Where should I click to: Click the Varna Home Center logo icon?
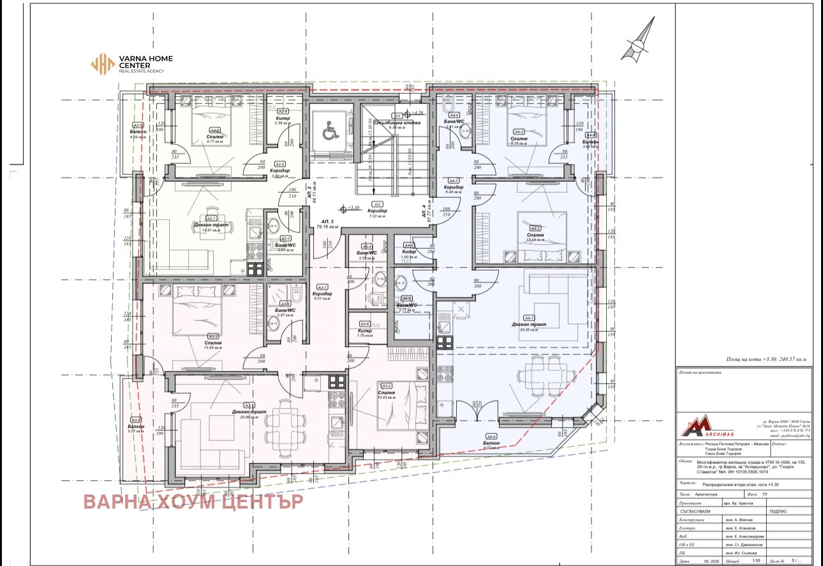click(101, 64)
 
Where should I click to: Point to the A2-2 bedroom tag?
click(214, 130)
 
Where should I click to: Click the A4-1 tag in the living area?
click(530, 318)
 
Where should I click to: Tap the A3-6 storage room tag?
click(364, 324)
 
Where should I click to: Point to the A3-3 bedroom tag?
click(213, 336)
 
